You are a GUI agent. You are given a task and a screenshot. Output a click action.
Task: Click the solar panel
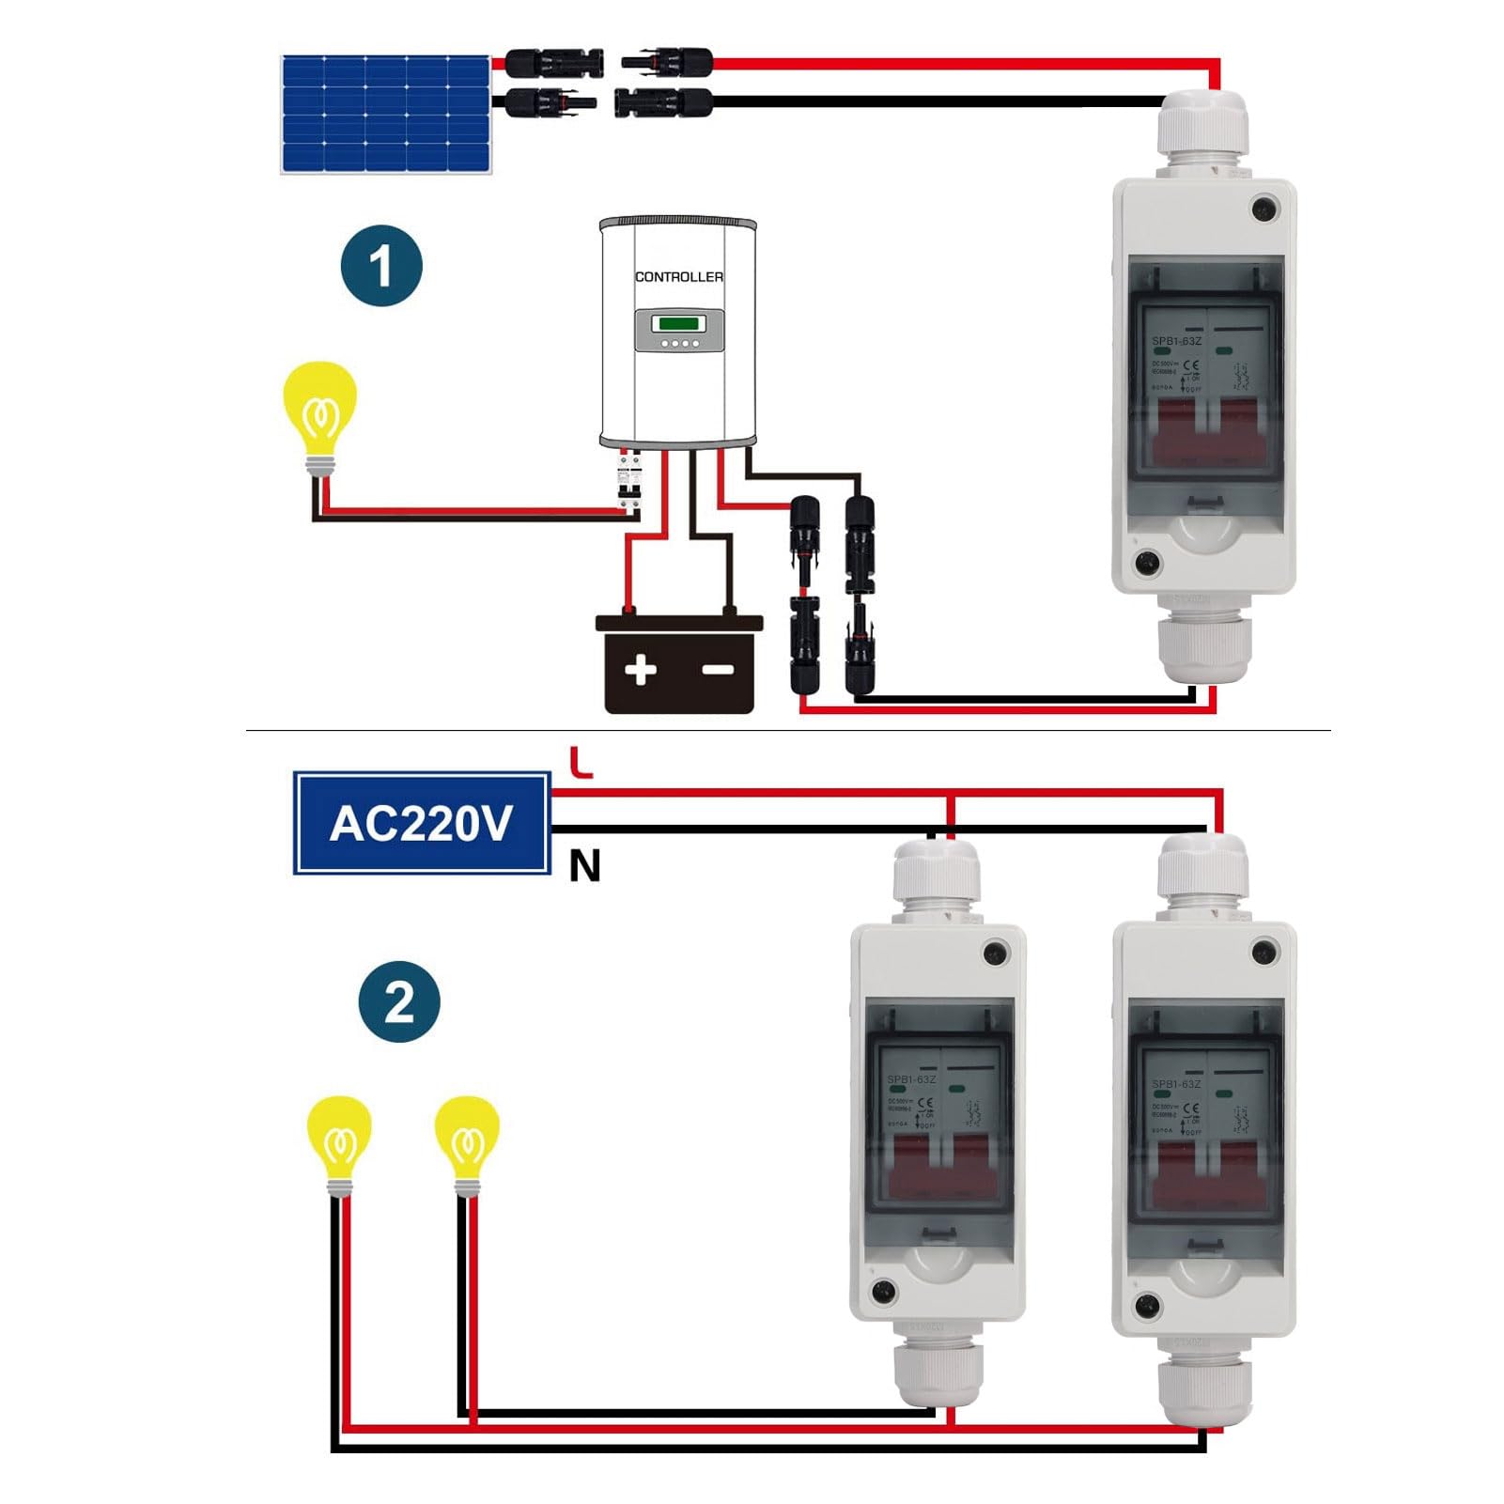[385, 115]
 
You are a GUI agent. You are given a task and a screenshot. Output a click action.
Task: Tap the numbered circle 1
[381, 266]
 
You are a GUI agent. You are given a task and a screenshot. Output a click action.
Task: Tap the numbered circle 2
[399, 1001]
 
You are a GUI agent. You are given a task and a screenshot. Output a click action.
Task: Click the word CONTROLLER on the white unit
[678, 277]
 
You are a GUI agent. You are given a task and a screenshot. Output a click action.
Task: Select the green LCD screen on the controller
[678, 324]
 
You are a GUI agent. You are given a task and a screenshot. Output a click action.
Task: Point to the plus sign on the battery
[641, 670]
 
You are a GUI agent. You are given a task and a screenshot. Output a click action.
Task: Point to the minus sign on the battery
[719, 670]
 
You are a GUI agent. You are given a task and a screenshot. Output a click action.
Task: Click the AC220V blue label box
[422, 824]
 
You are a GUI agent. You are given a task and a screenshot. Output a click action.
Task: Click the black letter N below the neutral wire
[584, 866]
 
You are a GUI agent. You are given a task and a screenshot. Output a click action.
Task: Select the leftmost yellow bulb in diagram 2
[340, 1140]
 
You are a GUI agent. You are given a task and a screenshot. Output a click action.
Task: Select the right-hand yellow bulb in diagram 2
[466, 1140]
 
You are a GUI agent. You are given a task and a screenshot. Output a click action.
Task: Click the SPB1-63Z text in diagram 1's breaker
[1176, 342]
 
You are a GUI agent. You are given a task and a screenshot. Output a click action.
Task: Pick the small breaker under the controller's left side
[628, 484]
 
